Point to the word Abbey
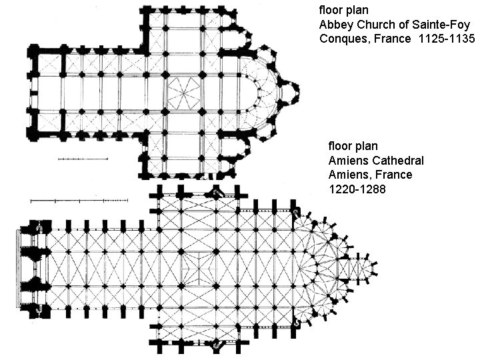[x=335, y=25]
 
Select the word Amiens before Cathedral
[x=347, y=160]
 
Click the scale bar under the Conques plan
[x=83, y=159]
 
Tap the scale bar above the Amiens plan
[x=79, y=199]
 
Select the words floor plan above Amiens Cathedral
[x=353, y=145]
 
